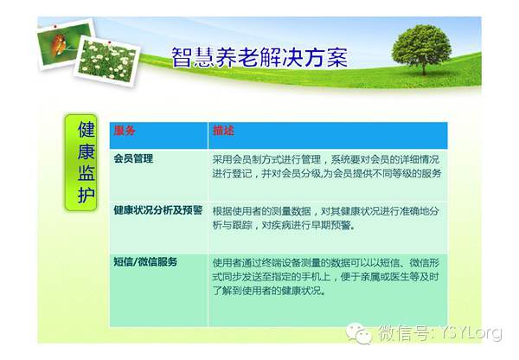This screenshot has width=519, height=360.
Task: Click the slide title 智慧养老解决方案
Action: (x=259, y=57)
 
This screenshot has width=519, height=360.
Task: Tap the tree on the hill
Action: (x=421, y=48)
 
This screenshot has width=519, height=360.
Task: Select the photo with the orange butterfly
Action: (x=65, y=44)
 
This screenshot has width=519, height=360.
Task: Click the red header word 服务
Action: (x=125, y=131)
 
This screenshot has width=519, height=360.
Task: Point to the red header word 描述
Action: (x=223, y=131)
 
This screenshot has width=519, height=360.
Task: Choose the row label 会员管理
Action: (x=133, y=158)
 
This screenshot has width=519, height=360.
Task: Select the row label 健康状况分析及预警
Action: (x=158, y=210)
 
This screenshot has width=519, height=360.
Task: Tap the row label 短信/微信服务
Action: (x=145, y=261)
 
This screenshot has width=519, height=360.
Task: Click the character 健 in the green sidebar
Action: (x=86, y=129)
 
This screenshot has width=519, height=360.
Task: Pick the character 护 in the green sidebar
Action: (x=86, y=195)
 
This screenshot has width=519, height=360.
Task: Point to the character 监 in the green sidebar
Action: (x=86, y=173)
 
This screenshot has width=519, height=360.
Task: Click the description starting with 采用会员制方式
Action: (x=327, y=166)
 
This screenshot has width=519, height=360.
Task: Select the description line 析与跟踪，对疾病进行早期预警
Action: (x=284, y=225)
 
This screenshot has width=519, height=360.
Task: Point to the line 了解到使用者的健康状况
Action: (x=269, y=291)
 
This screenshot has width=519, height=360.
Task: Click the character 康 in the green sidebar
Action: (x=86, y=151)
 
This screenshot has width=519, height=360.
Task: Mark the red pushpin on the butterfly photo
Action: (x=55, y=26)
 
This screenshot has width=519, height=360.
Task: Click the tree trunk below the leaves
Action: (x=423, y=68)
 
